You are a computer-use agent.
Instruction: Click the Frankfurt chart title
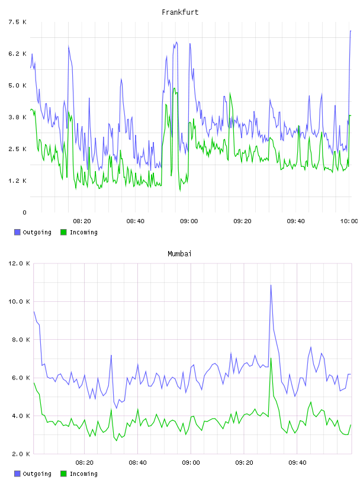pos(180,12)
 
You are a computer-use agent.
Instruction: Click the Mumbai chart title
pos(179,254)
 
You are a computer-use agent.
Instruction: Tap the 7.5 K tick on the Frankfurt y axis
pos(17,22)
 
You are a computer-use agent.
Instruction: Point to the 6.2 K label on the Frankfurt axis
pos(17,54)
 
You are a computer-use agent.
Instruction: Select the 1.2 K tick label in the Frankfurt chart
pos(17,181)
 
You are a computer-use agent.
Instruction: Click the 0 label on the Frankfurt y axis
pos(24,212)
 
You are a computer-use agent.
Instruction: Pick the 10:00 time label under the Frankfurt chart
pos(349,221)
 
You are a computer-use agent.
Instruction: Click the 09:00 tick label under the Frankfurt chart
pos(189,221)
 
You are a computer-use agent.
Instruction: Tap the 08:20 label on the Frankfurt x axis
pos(82,221)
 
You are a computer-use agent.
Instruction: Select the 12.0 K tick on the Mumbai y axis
pos(19,263)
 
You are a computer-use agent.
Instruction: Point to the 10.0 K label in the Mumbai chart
pos(19,301)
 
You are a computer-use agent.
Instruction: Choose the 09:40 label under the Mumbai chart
pos(297,462)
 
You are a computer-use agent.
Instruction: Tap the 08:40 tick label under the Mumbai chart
pos(138,462)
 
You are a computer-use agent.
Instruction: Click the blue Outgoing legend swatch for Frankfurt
pos(17,232)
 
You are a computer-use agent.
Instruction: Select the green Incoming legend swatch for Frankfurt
pos(63,232)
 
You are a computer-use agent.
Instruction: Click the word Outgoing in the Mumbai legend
pos(37,474)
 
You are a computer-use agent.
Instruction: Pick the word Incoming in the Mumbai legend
pos(83,474)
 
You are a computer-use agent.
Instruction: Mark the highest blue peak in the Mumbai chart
pos(271,285)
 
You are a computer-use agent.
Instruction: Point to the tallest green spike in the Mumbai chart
pos(271,358)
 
